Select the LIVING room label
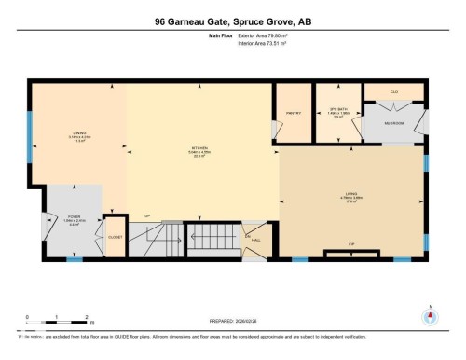pyautogui.click(x=351, y=194)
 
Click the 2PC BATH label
pyautogui.click(x=338, y=107)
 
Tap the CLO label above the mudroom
pyautogui.click(x=394, y=92)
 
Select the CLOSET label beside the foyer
pyautogui.click(x=116, y=237)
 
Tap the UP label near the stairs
pyautogui.click(x=146, y=216)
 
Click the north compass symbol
pyautogui.click(x=429, y=315)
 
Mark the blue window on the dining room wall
pyautogui.click(x=30, y=126)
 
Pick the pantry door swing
pyautogui.click(x=274, y=128)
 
